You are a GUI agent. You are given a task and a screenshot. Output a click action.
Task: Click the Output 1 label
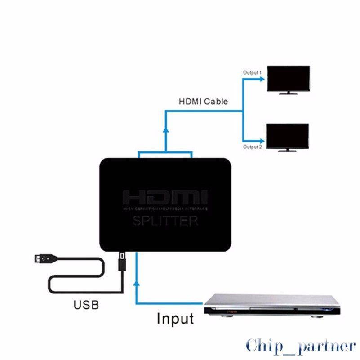click(x=252, y=72)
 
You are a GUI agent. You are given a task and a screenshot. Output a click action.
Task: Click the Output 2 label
click(x=252, y=147)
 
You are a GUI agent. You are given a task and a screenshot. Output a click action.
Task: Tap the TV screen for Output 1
click(x=288, y=79)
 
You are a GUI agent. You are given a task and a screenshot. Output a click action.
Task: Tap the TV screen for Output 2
click(x=288, y=136)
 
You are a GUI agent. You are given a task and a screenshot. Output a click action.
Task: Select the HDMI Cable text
click(x=203, y=102)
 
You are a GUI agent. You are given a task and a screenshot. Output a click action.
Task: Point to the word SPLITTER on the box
click(x=165, y=221)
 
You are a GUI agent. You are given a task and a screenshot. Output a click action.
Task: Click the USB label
click(x=85, y=305)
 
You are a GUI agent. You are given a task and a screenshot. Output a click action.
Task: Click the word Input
click(x=175, y=319)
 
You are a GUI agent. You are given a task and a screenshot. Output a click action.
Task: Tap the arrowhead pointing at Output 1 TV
click(x=262, y=78)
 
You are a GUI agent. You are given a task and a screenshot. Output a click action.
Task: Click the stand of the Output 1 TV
click(x=288, y=93)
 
